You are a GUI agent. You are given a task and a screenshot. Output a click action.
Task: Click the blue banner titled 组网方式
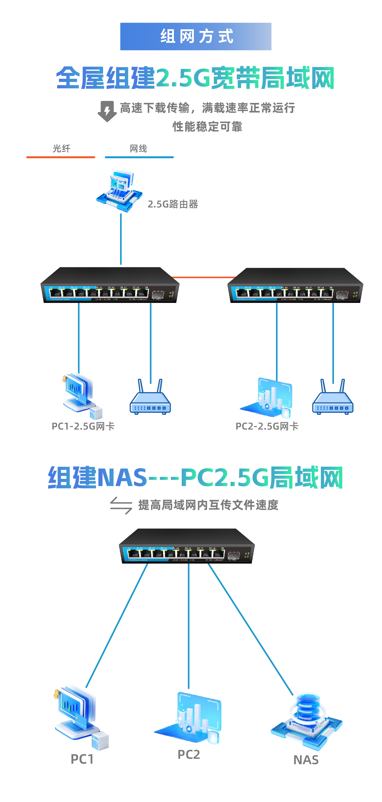[195, 36]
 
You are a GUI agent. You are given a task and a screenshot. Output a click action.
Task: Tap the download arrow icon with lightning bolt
[107, 111]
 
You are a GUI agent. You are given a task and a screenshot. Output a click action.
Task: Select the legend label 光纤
[61, 148]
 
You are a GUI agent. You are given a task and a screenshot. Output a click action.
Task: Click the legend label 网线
[138, 148]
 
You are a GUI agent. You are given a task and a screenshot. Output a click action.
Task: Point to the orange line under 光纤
[61, 157]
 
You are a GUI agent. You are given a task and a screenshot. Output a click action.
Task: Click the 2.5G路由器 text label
[173, 204]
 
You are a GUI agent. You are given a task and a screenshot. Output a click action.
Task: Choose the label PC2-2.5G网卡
[267, 426]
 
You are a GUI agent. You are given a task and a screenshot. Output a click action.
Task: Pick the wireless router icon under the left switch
[150, 398]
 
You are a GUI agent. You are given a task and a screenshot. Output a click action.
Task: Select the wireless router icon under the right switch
[333, 398]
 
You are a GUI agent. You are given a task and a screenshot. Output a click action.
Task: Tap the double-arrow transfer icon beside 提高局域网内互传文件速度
[121, 505]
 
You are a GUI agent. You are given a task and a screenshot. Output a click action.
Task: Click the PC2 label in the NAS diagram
[189, 754]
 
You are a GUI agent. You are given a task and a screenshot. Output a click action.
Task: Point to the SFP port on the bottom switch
[233, 556]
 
